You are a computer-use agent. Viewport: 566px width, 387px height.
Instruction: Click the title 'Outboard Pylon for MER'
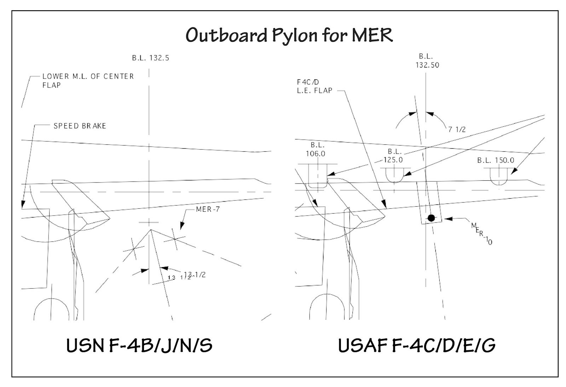289,35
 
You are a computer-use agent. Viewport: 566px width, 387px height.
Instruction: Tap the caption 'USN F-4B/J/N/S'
139,345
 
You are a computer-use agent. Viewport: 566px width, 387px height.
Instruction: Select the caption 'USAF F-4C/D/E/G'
417,345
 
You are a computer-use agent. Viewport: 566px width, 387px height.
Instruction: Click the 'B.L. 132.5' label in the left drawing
151,58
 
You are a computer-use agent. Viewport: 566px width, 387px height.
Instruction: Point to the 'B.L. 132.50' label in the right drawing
427,61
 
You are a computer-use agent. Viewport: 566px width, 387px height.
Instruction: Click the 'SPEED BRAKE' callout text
80,126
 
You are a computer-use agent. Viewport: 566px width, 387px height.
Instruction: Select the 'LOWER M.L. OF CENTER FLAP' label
88,81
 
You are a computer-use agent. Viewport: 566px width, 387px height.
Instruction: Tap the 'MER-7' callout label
208,209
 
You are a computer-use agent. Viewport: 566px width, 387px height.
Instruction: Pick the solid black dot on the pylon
431,218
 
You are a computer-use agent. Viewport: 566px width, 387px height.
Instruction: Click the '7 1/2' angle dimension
457,129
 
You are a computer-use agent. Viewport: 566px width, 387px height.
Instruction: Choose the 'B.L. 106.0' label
317,149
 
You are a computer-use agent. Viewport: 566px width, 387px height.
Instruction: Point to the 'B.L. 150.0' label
496,160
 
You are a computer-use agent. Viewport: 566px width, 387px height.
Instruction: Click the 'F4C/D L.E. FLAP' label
314,86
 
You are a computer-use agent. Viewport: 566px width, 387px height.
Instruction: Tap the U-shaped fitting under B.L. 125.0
394,175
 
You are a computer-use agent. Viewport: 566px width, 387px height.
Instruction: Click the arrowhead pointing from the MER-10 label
447,219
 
